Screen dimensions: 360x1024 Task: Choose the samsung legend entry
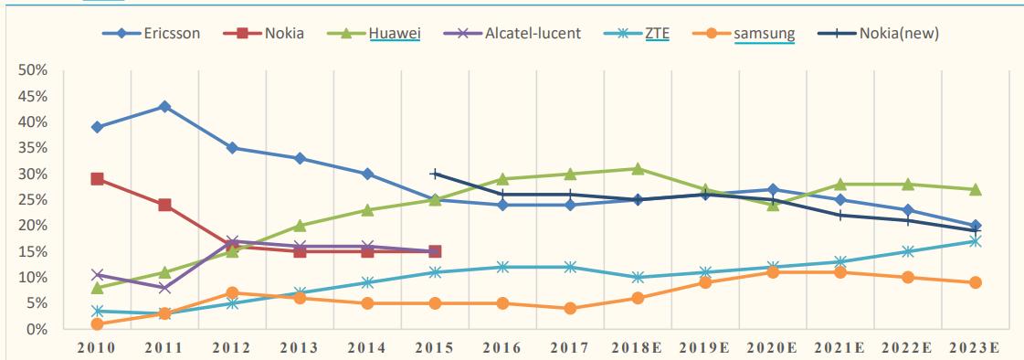click(764, 35)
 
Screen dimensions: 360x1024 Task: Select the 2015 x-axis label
click(435, 347)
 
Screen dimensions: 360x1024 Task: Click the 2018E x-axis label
click(638, 347)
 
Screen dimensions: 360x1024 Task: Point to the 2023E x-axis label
click(975, 347)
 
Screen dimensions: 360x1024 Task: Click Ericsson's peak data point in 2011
click(164, 106)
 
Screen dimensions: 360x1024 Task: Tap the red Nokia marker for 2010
click(97, 179)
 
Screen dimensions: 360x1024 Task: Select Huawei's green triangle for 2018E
click(638, 169)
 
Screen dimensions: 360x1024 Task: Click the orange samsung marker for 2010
click(97, 323)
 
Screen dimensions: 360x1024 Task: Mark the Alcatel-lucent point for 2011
click(164, 288)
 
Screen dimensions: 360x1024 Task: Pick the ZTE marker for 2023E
click(975, 241)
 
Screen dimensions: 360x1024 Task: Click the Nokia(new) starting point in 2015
click(435, 174)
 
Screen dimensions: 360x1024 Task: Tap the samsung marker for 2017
click(570, 308)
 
